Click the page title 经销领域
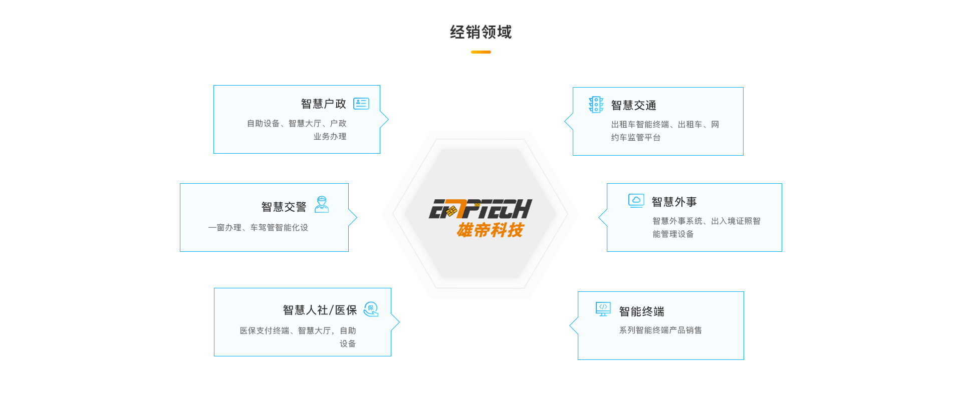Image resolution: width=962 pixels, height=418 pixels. tap(480, 33)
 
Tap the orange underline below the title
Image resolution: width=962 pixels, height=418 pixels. tap(480, 52)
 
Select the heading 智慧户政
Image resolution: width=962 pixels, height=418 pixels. tap(323, 104)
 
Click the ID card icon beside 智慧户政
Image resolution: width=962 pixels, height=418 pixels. tap(361, 104)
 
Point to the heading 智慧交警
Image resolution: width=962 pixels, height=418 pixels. tap(284, 207)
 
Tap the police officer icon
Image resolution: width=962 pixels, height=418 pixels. tap(322, 205)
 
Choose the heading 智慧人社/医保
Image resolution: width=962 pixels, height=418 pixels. tap(320, 310)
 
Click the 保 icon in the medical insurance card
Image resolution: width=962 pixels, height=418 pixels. tap(371, 309)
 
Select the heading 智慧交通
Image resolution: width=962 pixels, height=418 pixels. tap(633, 105)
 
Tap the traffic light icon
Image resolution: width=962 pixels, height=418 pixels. tap(596, 105)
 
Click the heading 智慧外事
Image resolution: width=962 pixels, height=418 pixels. tap(674, 202)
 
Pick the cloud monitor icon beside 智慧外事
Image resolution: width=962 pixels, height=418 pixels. tap(636, 201)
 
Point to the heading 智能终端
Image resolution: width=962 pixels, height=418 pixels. tap(641, 311)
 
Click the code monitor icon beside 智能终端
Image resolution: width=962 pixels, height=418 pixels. tap(603, 309)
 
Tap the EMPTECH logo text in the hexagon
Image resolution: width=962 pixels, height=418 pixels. tap(481, 209)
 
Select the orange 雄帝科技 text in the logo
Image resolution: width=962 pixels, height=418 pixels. tap(490, 230)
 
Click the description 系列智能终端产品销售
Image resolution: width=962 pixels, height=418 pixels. tap(660, 330)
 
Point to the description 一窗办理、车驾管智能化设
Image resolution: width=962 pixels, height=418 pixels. tap(258, 227)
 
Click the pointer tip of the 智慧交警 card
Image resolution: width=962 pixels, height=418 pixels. tap(356, 218)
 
